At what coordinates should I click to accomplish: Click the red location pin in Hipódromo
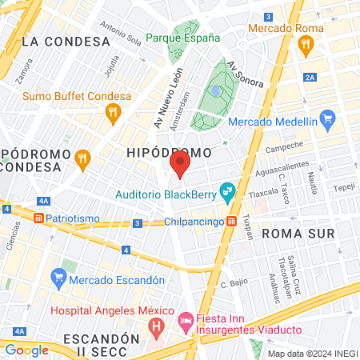pyautogui.click(x=180, y=164)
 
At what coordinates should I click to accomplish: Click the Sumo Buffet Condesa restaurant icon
pyautogui.click(x=114, y=113)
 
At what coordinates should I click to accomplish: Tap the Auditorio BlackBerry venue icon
pyautogui.click(x=228, y=190)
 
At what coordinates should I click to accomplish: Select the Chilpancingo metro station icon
pyautogui.click(x=231, y=221)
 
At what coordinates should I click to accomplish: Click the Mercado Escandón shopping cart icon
pyautogui.click(x=58, y=279)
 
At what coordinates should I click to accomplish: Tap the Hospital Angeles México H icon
pyautogui.click(x=157, y=326)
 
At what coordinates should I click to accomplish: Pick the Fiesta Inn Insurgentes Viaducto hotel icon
pyautogui.click(x=185, y=322)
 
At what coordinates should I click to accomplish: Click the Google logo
pyautogui.click(x=26, y=350)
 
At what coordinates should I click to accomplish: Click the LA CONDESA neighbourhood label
pyautogui.click(x=66, y=41)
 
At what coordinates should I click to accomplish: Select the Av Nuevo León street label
pyautogui.click(x=169, y=98)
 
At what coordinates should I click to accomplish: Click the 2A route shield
pyautogui.click(x=310, y=77)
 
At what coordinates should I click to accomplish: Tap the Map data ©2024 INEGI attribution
pyautogui.click(x=312, y=353)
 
